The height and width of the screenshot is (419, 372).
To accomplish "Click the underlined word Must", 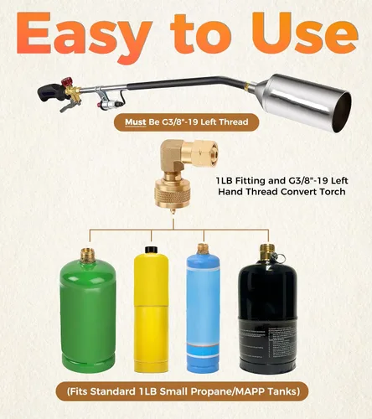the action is [x=136, y=122].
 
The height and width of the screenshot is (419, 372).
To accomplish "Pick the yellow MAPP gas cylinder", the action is [x=151, y=310].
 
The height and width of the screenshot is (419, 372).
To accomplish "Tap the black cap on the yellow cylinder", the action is [x=151, y=250].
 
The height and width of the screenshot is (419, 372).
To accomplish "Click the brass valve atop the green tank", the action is [x=88, y=255].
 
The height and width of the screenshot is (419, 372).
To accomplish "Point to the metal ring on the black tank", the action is [x=281, y=258].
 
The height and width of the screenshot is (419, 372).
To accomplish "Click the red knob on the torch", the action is [x=66, y=83].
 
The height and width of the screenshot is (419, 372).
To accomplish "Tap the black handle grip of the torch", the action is [x=49, y=94].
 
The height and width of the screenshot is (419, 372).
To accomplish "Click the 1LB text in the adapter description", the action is [x=224, y=181].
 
